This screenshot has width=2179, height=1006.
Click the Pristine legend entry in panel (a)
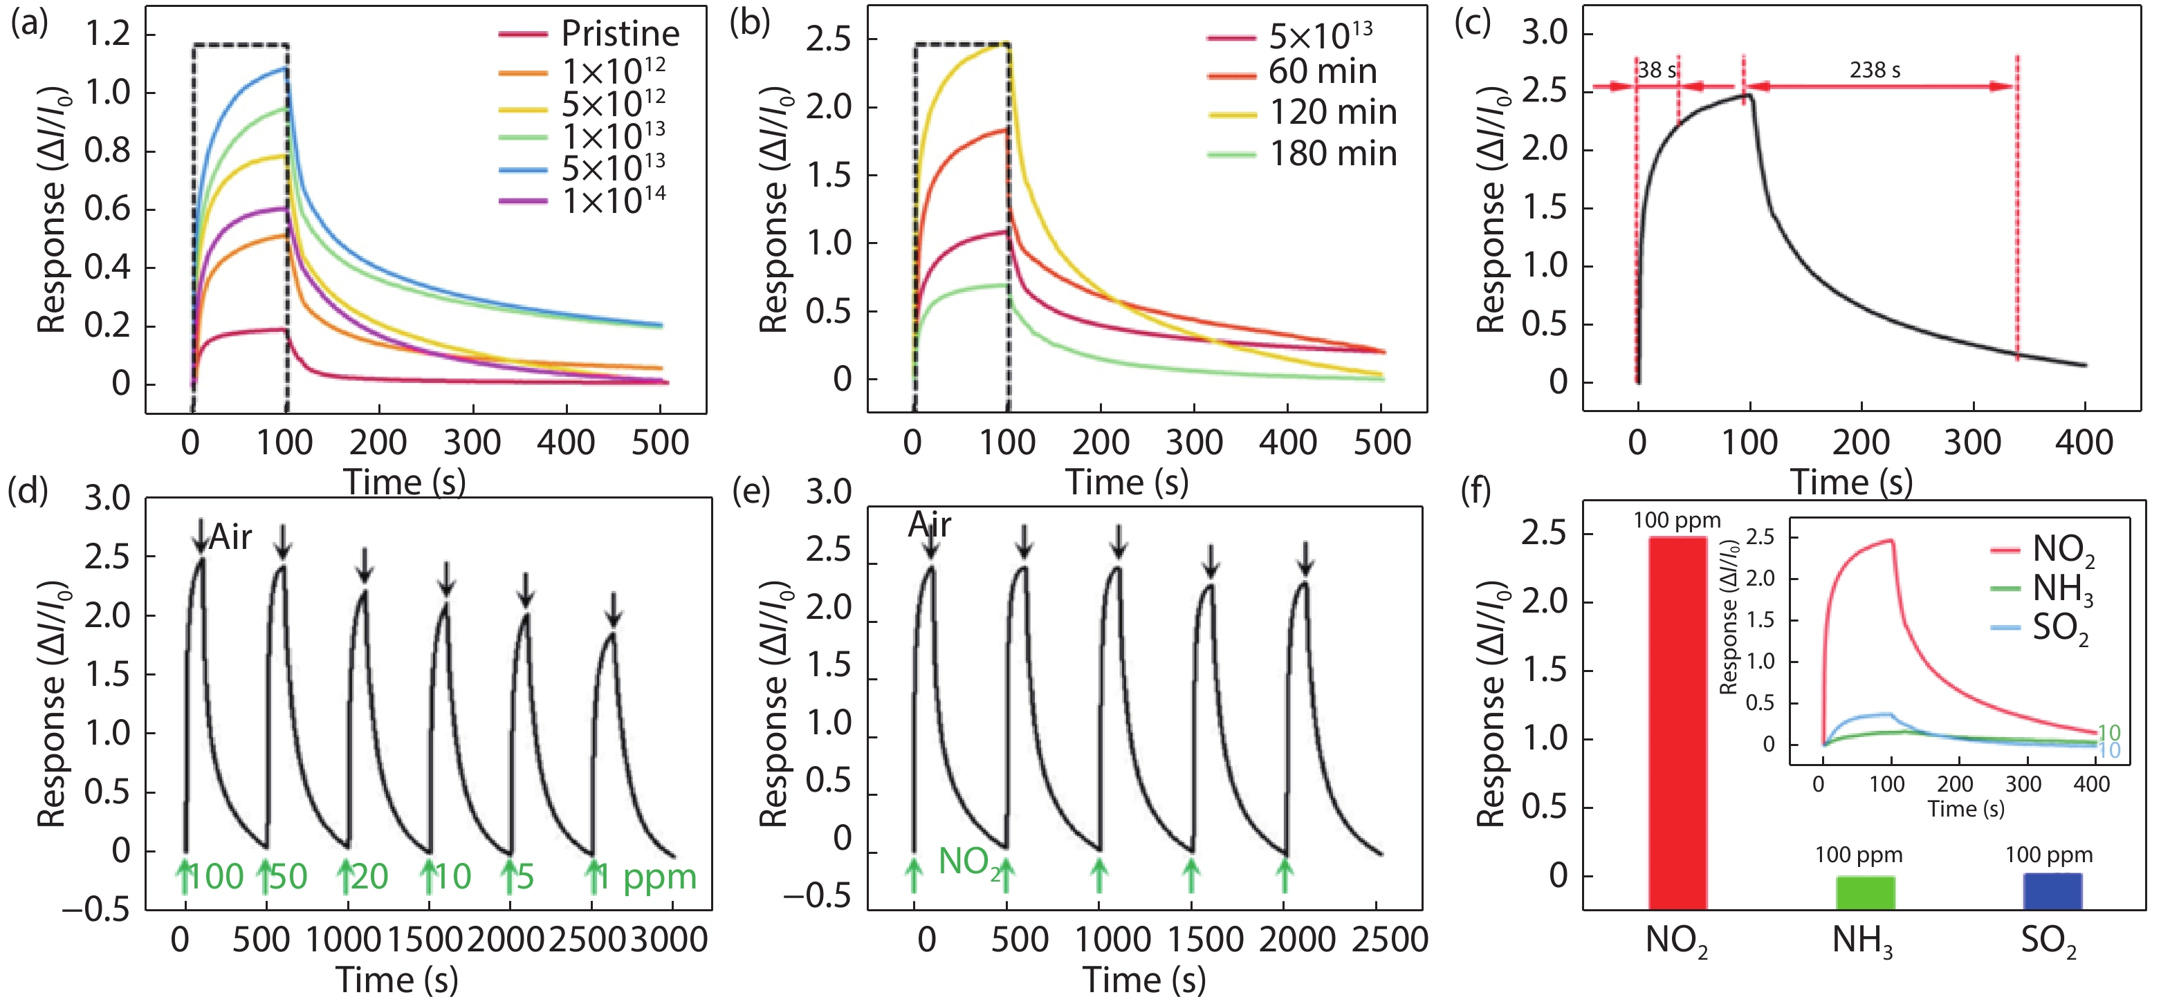(620, 34)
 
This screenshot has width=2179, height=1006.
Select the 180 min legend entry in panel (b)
(1332, 154)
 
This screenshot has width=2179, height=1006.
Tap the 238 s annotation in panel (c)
(1875, 70)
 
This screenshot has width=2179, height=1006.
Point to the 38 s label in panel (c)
(1656, 70)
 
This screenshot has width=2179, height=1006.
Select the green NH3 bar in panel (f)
(1864, 892)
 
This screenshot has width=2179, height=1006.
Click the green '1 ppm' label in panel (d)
(647, 877)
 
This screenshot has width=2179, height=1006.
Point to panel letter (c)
(1472, 23)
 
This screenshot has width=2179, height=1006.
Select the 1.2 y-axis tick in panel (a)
(109, 34)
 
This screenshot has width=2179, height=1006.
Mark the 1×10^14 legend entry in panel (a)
(614, 201)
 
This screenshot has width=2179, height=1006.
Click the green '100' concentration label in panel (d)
(216, 877)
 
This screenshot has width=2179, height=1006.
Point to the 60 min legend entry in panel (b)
(1322, 72)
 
